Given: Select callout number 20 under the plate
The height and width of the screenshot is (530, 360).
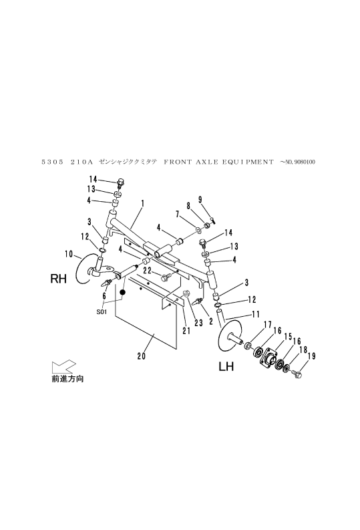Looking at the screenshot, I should (x=141, y=356).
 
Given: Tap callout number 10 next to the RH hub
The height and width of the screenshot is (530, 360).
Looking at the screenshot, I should (x=69, y=253).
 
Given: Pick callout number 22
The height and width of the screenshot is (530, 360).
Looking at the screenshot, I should (x=148, y=270).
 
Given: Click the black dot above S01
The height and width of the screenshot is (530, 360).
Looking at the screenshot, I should (x=123, y=293).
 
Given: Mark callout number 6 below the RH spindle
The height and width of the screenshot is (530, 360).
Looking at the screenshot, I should (x=104, y=295).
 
